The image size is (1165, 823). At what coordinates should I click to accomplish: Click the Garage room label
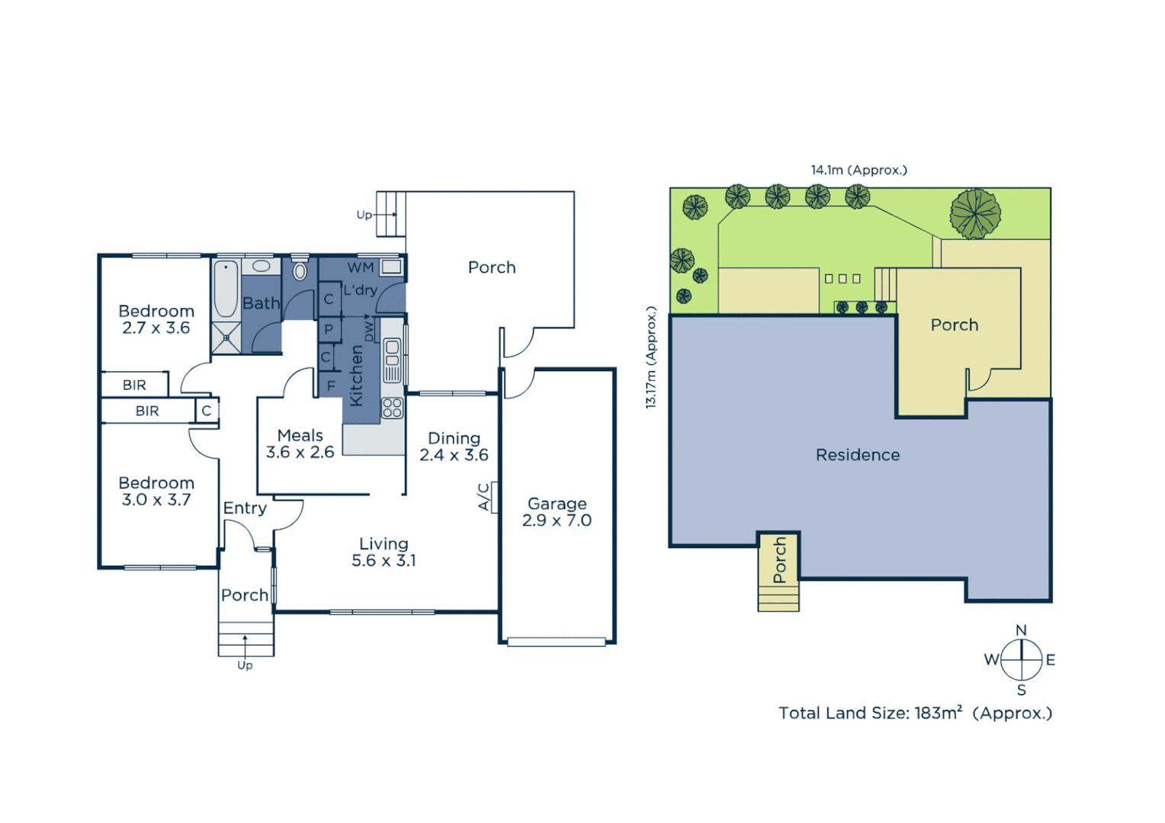pyautogui.click(x=557, y=512)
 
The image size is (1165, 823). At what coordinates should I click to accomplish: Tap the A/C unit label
pyautogui.click(x=483, y=497)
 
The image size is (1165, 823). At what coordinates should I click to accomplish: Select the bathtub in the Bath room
pyautogui.click(x=226, y=290)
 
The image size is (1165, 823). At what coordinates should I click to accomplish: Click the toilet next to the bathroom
pyautogui.click(x=300, y=271)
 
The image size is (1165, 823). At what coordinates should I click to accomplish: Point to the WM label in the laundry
pyautogui.click(x=360, y=267)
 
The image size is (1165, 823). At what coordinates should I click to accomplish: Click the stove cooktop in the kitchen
pyautogui.click(x=392, y=408)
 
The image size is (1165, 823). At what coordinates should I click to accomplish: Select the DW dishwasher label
pyautogui.click(x=370, y=331)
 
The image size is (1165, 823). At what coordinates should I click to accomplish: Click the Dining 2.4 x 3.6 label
pyautogui.click(x=454, y=447)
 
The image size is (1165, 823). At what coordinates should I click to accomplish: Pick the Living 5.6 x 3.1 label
pyautogui.click(x=384, y=552)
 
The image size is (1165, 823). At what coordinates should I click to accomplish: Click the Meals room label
pyautogui.click(x=300, y=444)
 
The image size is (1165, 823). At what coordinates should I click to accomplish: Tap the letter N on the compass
pyautogui.click(x=1021, y=630)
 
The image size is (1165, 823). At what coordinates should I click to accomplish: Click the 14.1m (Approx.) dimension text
pyautogui.click(x=859, y=170)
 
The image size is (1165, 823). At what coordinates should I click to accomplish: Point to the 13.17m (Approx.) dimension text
pyautogui.click(x=651, y=357)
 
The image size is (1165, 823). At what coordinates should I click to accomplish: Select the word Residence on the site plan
pyautogui.click(x=858, y=455)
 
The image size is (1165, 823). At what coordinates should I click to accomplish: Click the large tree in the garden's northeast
pyautogui.click(x=975, y=213)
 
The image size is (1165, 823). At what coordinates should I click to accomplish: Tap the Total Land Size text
pyautogui.click(x=915, y=713)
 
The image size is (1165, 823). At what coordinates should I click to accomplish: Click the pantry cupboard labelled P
pyautogui.click(x=329, y=329)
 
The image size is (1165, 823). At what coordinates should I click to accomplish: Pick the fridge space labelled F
pyautogui.click(x=330, y=386)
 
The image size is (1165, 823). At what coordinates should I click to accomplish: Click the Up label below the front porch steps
pyautogui.click(x=245, y=665)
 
